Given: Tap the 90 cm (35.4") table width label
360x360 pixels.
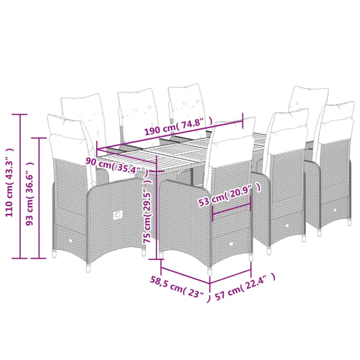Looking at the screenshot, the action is [x=117, y=166].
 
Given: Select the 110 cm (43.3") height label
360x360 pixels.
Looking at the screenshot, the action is [x=10, y=182].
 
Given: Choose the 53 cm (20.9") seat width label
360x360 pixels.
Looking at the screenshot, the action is [x=230, y=195].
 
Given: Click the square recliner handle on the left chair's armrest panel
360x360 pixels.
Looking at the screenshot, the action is [x=117, y=215].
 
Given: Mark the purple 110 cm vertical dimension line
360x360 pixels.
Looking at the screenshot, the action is [x=20, y=186].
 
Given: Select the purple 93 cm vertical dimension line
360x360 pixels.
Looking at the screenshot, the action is [x=39, y=198].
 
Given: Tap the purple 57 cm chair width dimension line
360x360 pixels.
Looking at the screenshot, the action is [x=230, y=276].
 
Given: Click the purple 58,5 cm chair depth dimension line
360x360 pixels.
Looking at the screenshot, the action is [x=185, y=275].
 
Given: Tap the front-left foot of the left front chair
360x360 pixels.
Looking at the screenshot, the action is [x=88, y=268].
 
